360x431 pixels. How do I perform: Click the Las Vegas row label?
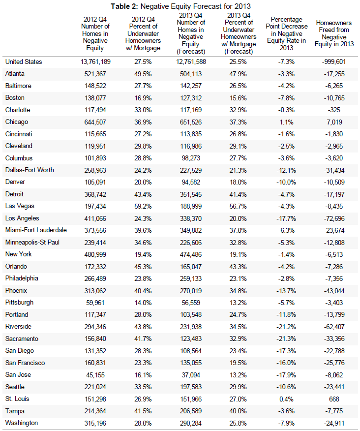pos(20,206)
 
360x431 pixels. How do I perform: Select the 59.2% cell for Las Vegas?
pos(143,206)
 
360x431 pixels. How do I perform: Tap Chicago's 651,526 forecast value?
pos(191,122)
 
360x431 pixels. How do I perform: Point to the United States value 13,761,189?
pos(95,62)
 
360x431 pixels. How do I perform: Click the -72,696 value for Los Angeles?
pos(334,218)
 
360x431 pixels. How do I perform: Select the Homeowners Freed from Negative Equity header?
pos(334,33)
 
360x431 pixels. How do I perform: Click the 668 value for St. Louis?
pos(334,399)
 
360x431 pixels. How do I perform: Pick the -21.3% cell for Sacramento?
pos(286,339)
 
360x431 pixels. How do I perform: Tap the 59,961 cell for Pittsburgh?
pos(95,303)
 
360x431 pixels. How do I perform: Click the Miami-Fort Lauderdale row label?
pos(36,230)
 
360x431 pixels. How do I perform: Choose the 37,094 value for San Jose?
pos(191,375)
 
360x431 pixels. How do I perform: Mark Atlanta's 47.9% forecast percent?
pos(238,74)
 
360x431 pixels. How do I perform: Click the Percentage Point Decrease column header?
pos(286,33)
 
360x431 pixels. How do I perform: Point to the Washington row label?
pos(22,423)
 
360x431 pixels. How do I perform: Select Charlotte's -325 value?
pos(334,110)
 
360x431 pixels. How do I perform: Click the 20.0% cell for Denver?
pos(143,182)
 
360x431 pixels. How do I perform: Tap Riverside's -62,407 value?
pos(334,327)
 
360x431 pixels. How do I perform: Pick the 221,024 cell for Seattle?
pos(95,387)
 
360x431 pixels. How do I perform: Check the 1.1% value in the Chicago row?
pos(286,122)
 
